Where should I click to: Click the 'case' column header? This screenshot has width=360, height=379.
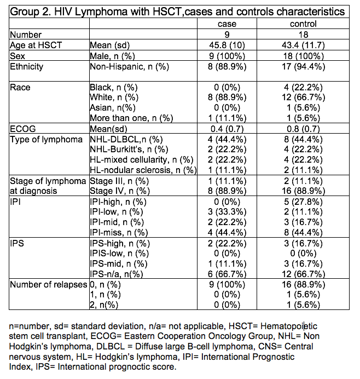pos(227,24)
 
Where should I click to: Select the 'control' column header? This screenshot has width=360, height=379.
pos(303,24)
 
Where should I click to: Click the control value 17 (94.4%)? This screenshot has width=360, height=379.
pos(303,67)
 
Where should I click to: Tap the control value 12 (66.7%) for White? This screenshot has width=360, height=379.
pos(303,97)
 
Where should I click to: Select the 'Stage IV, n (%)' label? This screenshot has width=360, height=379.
pos(119,191)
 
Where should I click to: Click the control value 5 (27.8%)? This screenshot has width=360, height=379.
pos(303,201)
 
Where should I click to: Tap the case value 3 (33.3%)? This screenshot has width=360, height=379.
pos(227,211)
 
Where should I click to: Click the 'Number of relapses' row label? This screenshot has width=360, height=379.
pos(48,284)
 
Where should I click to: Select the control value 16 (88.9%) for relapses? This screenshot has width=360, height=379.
pos(303,284)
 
